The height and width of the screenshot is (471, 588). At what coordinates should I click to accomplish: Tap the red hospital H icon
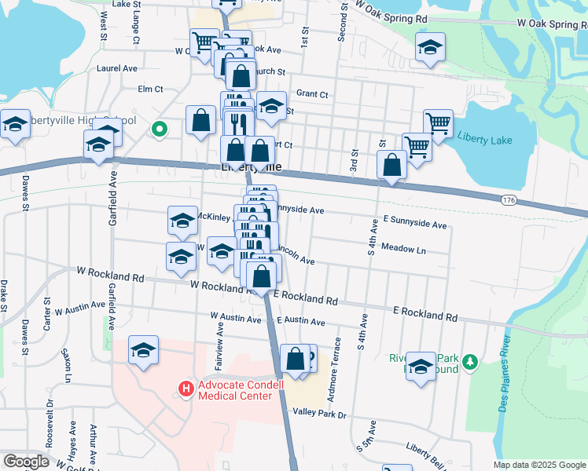pyautogui.click(x=186, y=388)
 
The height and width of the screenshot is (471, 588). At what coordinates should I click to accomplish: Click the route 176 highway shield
pyautogui.click(x=509, y=201)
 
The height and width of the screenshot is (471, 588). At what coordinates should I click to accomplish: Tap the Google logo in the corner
pyautogui.click(x=26, y=462)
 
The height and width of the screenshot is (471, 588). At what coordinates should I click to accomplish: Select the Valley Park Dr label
pyautogui.click(x=319, y=413)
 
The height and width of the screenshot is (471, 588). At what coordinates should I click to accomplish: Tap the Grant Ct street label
pyautogui.click(x=312, y=94)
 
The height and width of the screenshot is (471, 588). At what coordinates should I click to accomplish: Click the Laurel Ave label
pyautogui.click(x=117, y=68)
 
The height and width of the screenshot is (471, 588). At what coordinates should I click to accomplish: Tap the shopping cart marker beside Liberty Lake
pyautogui.click(x=438, y=122)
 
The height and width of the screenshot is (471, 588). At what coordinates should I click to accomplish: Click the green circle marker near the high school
pyautogui.click(x=159, y=128)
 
